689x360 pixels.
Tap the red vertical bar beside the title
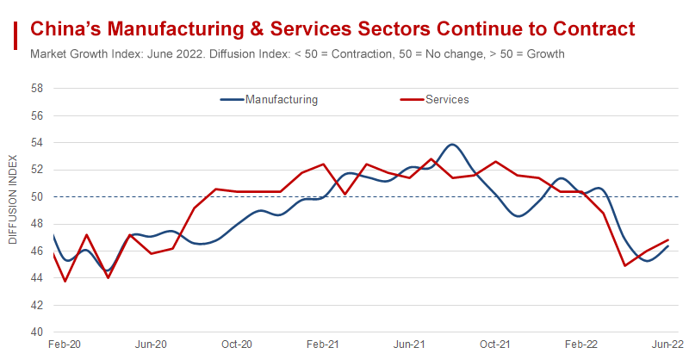point(16,37)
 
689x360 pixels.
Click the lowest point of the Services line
point(65,281)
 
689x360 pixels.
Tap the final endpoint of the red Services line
point(668,240)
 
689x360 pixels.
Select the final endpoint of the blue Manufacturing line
point(668,246)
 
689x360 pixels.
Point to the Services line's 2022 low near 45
point(624,265)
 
